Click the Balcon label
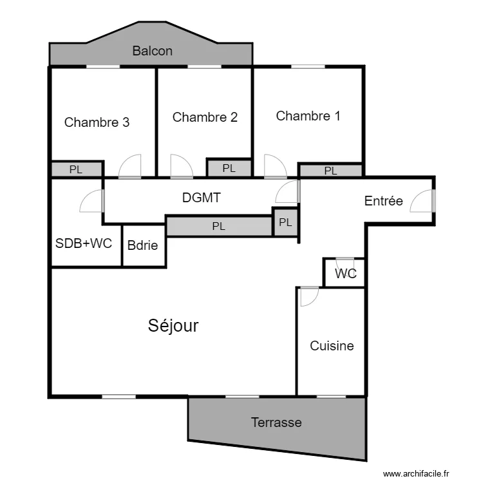(x=152, y=51)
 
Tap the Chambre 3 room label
(x=97, y=122)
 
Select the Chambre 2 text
(x=205, y=117)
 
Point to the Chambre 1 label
(x=308, y=116)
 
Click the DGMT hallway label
(x=201, y=198)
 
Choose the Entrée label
(x=383, y=201)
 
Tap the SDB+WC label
(x=84, y=243)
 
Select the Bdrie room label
(x=142, y=245)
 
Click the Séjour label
(x=173, y=326)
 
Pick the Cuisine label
(x=332, y=346)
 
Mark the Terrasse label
(x=276, y=422)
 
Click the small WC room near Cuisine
(x=346, y=273)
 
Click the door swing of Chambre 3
(x=130, y=167)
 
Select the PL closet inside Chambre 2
(x=229, y=168)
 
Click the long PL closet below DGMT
(x=219, y=226)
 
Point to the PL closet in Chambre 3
(x=76, y=170)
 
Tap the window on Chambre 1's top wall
(x=308, y=66)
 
